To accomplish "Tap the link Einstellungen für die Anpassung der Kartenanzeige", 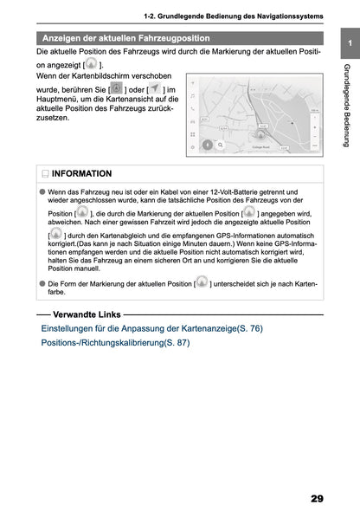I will pyautogui.click(x=151, y=329).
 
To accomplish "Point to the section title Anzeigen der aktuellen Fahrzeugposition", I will pyautogui.click(x=126, y=38).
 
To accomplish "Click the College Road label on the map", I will pyautogui.click(x=260, y=146).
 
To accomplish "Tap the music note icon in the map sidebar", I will pyautogui.click(x=192, y=89).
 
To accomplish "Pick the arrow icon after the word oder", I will pyautogui.click(x=153, y=90).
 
